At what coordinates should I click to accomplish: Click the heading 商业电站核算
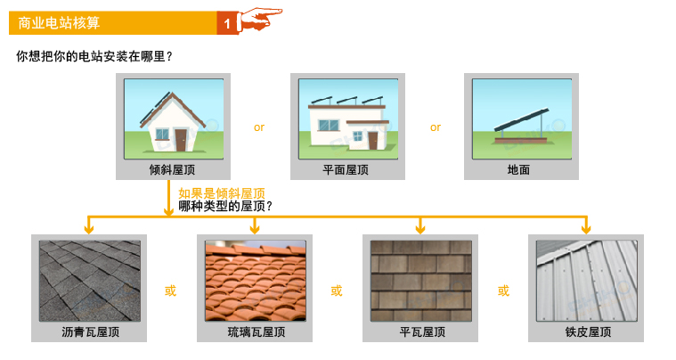point(59,23)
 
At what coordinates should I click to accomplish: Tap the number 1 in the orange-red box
point(227,24)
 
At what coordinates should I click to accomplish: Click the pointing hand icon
point(260,19)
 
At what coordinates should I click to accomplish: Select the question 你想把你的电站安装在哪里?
point(94,56)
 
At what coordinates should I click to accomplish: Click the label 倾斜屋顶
point(173,170)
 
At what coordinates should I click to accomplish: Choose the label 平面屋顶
point(346,170)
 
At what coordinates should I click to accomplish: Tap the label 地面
point(518,170)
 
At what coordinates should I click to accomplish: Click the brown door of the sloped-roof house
point(181,140)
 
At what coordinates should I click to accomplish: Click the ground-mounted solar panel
point(522,119)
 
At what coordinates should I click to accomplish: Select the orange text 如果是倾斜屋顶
point(222,193)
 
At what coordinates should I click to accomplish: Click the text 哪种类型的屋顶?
point(225,206)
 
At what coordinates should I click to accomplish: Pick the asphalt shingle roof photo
point(90,281)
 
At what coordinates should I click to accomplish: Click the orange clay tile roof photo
point(256,281)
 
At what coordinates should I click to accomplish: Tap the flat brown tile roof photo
point(421,281)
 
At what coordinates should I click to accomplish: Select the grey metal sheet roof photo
point(587,281)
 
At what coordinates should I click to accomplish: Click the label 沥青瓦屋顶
point(90,332)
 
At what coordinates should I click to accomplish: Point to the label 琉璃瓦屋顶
point(257,332)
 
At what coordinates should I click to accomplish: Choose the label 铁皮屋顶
point(588,332)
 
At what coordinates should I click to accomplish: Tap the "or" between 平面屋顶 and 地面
point(436,127)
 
